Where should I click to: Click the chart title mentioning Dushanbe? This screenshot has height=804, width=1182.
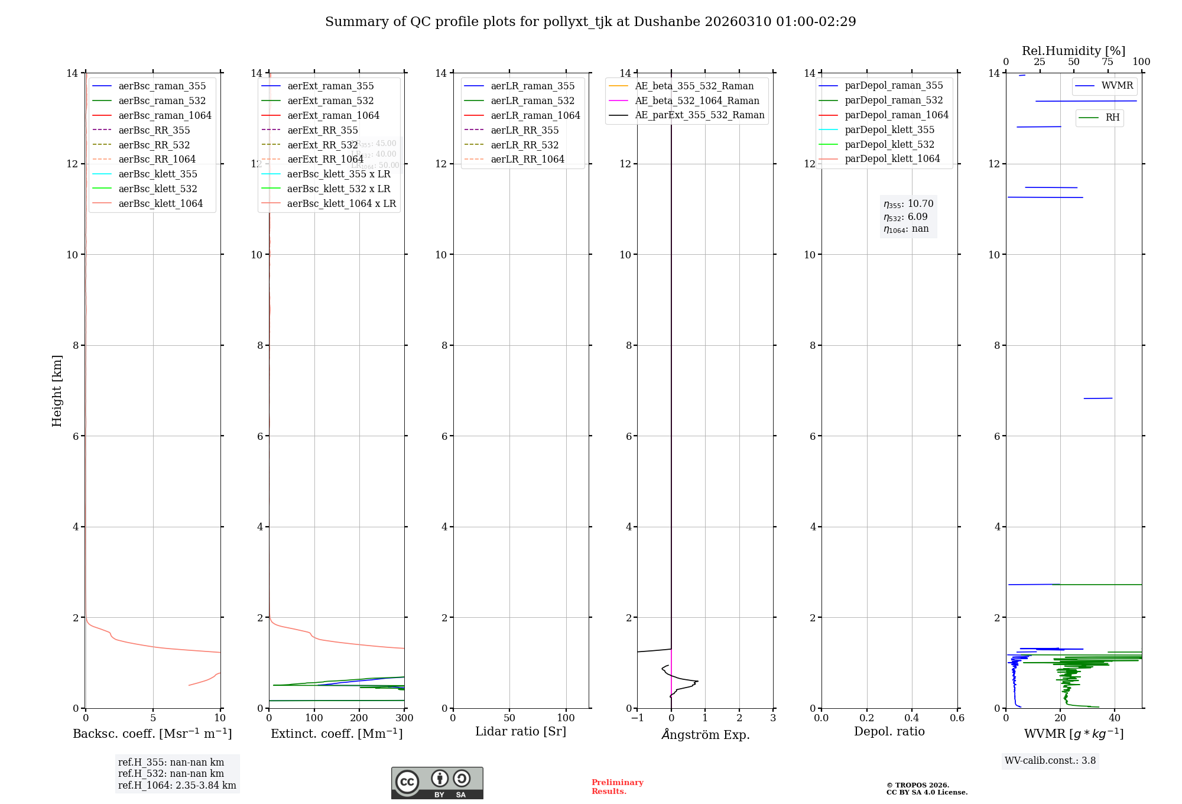590,22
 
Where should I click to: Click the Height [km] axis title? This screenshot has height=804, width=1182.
57,391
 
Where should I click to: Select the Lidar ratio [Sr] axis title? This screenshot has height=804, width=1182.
521,732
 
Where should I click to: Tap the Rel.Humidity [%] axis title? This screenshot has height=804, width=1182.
1073,51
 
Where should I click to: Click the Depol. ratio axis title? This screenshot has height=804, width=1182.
889,732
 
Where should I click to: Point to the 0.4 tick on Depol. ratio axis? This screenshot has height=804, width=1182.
912,718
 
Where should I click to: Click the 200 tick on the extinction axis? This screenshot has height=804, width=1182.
359,718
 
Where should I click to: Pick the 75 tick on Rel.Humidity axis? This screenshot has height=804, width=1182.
1108,62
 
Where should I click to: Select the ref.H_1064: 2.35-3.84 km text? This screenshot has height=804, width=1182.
177,786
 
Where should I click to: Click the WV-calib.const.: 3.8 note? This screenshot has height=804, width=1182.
1050,761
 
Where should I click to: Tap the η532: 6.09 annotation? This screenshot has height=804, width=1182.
905,217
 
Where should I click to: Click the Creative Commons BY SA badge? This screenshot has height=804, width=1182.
437,783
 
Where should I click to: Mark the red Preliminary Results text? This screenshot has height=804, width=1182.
617,787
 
